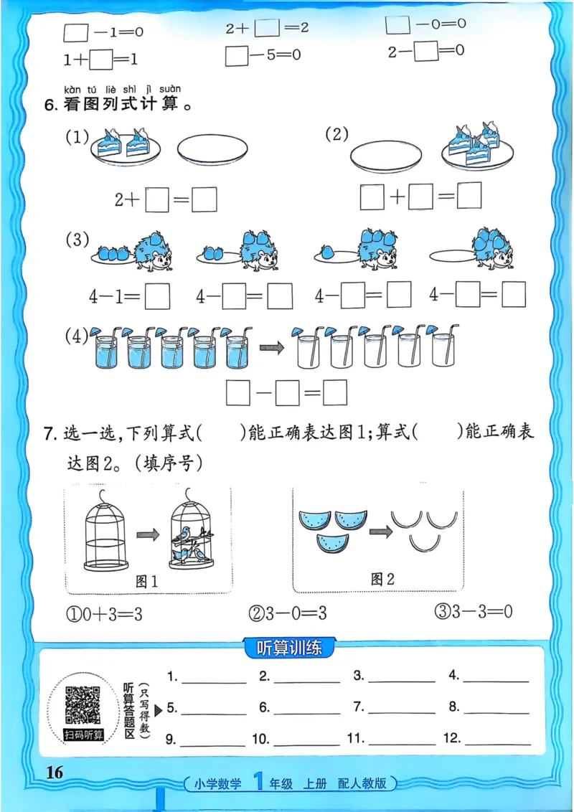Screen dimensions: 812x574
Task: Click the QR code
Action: [x=83, y=705]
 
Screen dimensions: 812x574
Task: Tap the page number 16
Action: [x=55, y=772]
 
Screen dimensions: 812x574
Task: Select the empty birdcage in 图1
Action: [x=105, y=533]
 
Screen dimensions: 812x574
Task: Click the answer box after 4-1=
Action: [x=157, y=295]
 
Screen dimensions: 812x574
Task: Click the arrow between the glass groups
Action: [x=270, y=347]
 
